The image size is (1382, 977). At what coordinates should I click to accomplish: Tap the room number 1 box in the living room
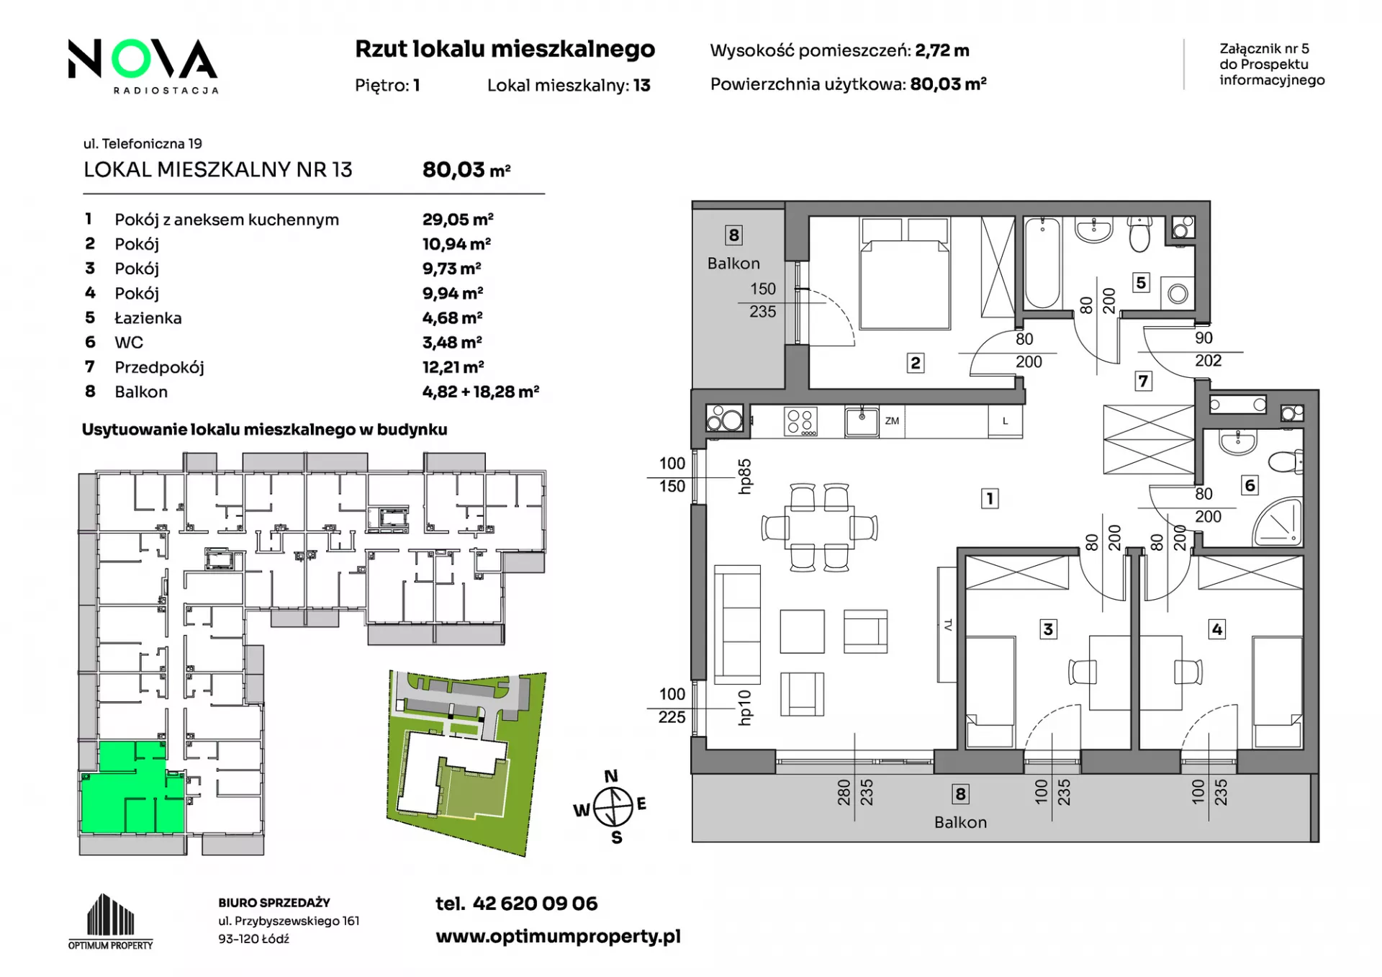(x=990, y=497)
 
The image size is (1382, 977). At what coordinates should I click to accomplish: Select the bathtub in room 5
(x=1042, y=262)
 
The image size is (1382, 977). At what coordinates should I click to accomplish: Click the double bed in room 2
(x=905, y=274)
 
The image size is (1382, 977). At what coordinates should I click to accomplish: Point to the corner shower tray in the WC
(x=1279, y=520)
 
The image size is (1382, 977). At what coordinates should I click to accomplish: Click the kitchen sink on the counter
(x=861, y=421)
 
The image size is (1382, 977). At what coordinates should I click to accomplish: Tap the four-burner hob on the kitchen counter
(x=800, y=422)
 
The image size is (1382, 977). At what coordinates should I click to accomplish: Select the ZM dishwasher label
(x=892, y=421)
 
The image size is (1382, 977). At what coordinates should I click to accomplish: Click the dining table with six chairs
(x=819, y=528)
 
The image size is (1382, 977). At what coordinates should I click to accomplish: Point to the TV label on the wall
(x=948, y=625)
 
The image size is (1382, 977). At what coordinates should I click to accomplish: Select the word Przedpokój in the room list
(x=159, y=367)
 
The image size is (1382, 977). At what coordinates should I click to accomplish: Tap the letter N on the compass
(x=611, y=776)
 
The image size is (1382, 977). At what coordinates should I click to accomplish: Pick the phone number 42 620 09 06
(x=535, y=904)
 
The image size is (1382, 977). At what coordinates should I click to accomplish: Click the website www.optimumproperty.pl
(x=558, y=936)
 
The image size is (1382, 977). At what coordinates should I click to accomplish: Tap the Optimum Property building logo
(x=111, y=922)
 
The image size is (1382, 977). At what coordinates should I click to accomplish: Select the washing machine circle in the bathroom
(x=1178, y=294)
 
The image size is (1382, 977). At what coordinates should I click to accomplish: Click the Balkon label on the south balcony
(x=960, y=822)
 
